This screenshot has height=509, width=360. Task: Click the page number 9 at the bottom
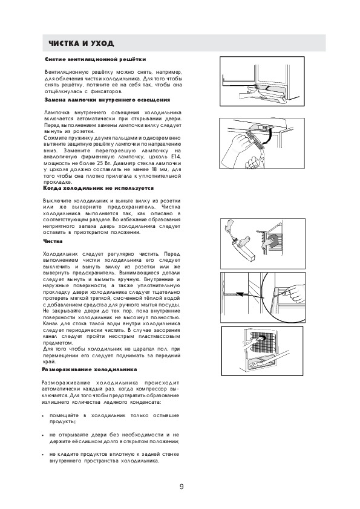click(182, 487)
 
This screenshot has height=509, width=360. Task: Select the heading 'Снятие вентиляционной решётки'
click(95, 59)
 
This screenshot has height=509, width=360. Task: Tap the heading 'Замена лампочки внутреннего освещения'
click(107, 100)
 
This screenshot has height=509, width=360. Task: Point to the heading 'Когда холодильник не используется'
click(99, 188)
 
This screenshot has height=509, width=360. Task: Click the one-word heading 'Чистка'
click(53, 241)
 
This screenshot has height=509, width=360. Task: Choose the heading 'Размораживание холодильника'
click(90, 369)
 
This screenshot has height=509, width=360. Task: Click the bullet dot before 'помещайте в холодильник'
click(43, 416)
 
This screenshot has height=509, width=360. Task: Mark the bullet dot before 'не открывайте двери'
click(43, 435)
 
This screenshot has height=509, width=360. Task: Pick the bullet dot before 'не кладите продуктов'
click(43, 455)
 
